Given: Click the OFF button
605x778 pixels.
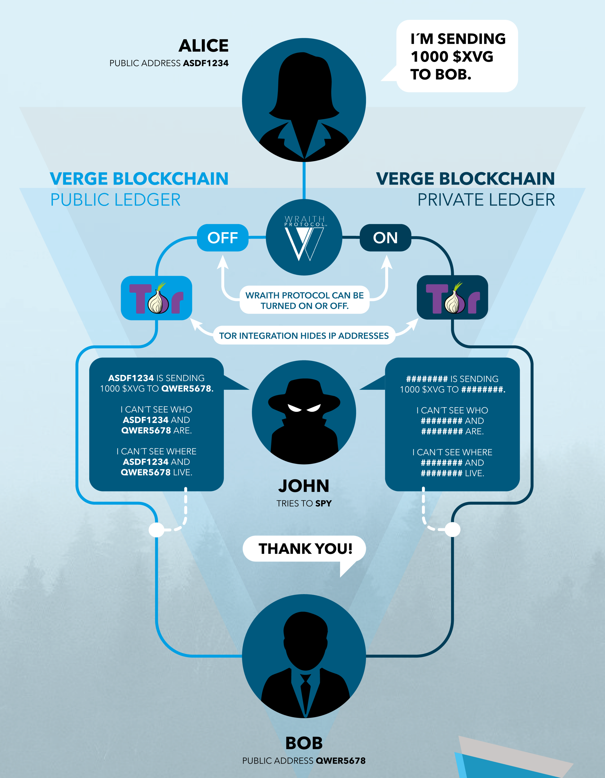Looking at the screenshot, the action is (223, 238).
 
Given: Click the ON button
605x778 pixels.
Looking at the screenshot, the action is (385, 238).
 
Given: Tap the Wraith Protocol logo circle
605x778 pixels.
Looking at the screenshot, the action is (304, 237).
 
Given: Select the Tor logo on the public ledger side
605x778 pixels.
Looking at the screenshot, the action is (156, 298).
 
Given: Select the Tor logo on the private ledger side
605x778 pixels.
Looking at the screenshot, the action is (453, 298).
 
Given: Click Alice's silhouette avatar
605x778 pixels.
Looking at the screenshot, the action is (304, 100).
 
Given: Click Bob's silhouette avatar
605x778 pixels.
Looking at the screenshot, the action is (304, 656).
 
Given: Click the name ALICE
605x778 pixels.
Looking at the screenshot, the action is (204, 46).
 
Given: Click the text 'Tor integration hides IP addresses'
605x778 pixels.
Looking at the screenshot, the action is (304, 336).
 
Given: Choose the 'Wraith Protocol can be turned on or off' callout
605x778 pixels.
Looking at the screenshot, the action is (305, 300).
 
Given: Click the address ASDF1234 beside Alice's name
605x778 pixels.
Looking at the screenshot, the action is (206, 63).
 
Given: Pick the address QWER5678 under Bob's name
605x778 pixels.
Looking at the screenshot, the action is (341, 760).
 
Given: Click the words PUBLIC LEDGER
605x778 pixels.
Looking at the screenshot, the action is (116, 200).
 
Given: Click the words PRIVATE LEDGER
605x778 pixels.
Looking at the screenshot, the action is (486, 200).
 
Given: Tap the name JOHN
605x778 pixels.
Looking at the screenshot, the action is (304, 486).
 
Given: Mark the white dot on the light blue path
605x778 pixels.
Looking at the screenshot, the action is (156, 530).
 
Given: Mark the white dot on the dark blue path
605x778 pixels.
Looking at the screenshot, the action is (453, 530).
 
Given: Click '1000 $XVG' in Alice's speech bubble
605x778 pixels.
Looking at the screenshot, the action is (452, 57).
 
